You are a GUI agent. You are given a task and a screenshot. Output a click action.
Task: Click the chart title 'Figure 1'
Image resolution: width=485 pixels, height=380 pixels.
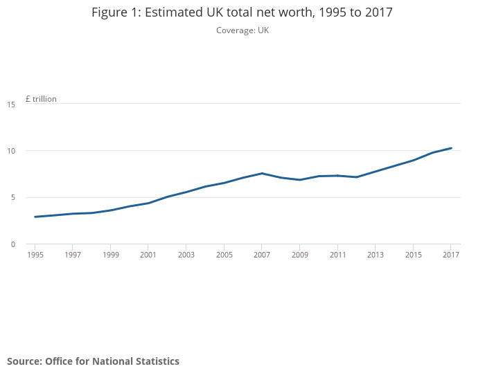242,12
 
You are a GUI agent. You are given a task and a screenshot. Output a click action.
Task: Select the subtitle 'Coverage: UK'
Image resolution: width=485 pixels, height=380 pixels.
242,30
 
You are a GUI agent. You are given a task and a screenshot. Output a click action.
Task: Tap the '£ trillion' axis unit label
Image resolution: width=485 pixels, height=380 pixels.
41,99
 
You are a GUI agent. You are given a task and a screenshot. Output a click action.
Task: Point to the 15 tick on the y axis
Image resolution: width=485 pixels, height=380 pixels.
11,105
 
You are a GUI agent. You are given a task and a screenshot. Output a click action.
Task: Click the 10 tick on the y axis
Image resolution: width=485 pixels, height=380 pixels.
11,151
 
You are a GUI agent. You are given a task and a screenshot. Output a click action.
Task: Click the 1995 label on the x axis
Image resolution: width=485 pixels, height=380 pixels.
35,255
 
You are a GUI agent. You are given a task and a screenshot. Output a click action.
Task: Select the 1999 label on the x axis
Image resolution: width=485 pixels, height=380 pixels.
111,255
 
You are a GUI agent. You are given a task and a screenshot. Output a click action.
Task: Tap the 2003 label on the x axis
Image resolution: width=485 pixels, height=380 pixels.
186,255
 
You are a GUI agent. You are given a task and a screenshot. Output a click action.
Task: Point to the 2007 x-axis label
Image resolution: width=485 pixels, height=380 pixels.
262,255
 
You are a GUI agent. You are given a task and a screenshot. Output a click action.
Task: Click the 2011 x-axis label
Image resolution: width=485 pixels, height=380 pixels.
337,255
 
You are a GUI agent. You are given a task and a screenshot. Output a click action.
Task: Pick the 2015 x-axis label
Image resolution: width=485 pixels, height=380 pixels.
413,255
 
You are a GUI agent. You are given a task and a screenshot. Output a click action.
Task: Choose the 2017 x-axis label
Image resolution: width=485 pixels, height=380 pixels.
450,255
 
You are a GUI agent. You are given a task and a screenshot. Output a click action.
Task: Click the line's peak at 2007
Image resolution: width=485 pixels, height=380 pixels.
262,173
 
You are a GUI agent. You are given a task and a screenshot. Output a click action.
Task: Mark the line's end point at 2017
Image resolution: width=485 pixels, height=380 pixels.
451,148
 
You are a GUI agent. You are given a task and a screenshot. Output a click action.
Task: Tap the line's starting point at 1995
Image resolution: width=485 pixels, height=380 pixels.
35,217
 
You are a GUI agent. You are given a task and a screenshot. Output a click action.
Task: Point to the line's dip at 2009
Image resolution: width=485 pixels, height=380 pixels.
299,180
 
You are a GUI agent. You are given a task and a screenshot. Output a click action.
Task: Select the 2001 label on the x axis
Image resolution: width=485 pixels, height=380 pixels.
148,255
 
